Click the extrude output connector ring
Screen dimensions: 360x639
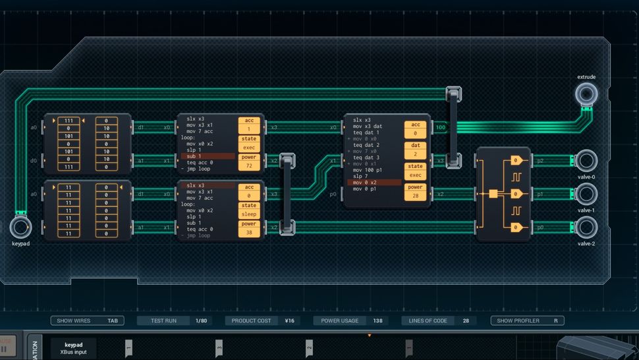coord(586,95)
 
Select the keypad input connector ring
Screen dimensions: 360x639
coord(20,227)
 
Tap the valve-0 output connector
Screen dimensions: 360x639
coord(586,160)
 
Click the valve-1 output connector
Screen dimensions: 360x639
coord(586,194)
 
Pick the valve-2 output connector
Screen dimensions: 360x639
coord(586,227)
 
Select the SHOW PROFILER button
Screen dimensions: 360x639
coord(527,321)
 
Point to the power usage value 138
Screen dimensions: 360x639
coord(377,321)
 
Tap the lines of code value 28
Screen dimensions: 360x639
coord(465,321)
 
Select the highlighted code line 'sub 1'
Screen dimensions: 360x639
coord(207,156)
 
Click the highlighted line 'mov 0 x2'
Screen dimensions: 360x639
coord(374,182)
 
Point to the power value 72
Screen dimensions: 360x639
coord(249,166)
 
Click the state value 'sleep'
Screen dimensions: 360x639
coord(249,214)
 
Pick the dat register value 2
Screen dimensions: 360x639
coord(415,154)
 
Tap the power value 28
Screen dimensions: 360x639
coord(415,196)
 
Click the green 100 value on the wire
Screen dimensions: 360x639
coord(440,127)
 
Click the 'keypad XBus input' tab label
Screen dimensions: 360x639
coord(74,348)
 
